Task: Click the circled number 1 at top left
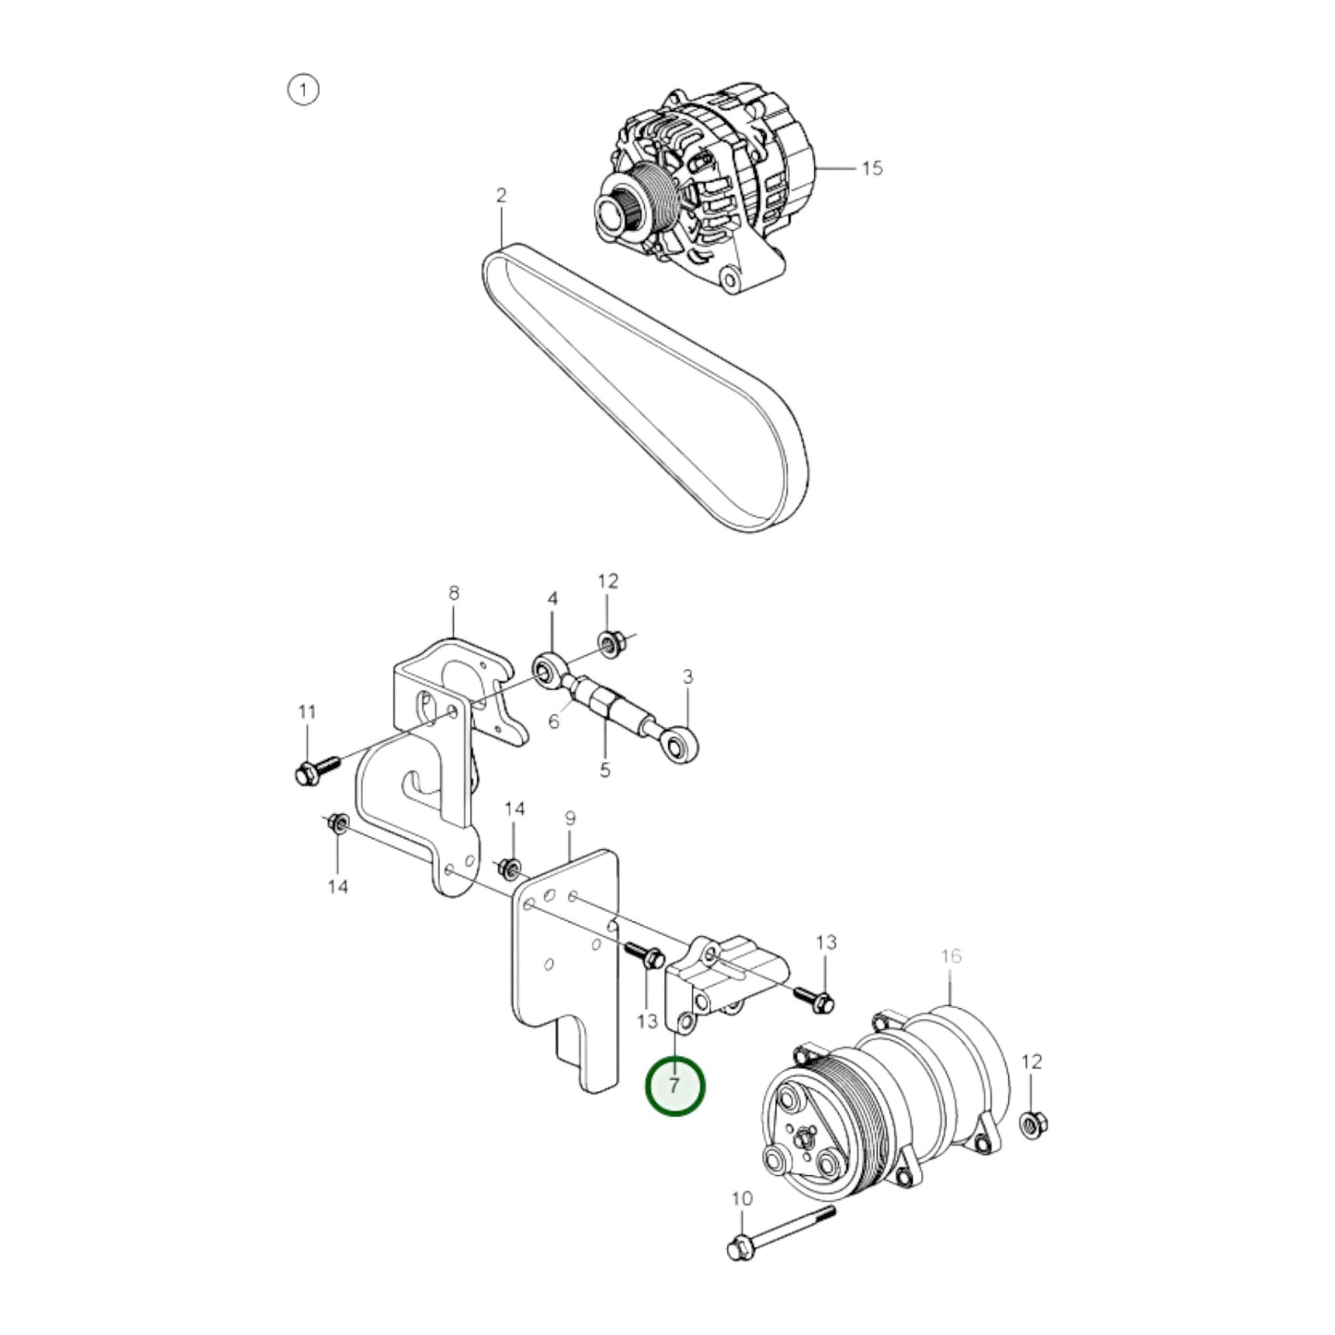point(303,90)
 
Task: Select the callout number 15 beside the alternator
point(871,168)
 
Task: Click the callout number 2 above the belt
point(501,196)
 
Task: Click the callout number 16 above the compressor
point(951,956)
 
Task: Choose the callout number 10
point(742,1198)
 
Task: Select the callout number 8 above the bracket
point(454,593)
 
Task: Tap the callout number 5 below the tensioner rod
point(605,769)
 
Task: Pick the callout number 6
point(553,721)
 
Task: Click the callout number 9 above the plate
point(570,818)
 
